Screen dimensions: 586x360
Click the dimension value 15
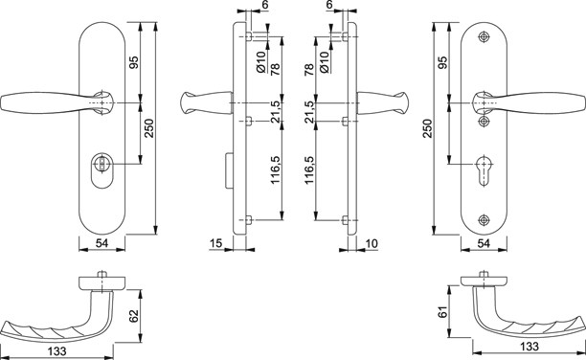(x=216, y=243)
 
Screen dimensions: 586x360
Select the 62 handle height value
(x=134, y=316)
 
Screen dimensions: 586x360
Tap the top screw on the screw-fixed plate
(x=484, y=36)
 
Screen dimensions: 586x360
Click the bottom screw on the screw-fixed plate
(x=484, y=220)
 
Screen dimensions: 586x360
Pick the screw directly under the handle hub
(x=484, y=121)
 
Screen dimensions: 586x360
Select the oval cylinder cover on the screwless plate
(x=102, y=170)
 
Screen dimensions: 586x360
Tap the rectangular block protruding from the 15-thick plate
(x=229, y=170)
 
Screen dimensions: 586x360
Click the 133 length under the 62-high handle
(x=57, y=351)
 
